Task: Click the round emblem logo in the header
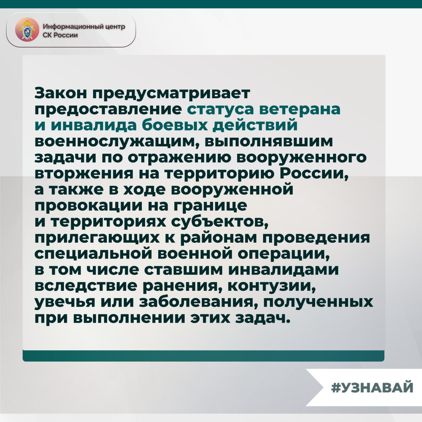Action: pyautogui.click(x=27, y=30)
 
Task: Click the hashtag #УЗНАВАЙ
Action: pyautogui.click(x=372, y=387)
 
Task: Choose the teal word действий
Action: pyautogui.click(x=256, y=125)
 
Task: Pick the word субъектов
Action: pyautogui.click(x=220, y=222)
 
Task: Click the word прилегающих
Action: pyautogui.click(x=97, y=238)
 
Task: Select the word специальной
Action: pyautogui.click(x=93, y=254)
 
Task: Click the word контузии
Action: pyautogui.click(x=272, y=286)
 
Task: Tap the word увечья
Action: pyautogui.click(x=65, y=302)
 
